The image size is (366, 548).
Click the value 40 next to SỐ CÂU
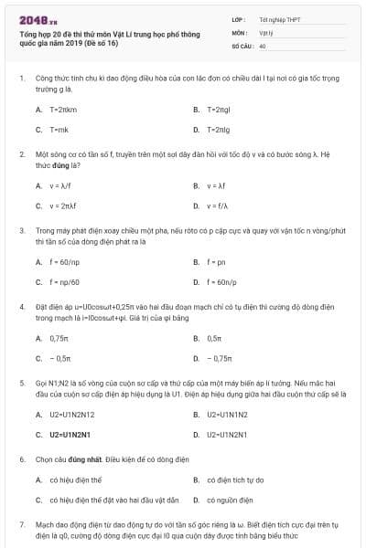(264, 45)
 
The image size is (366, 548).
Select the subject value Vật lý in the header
(265, 32)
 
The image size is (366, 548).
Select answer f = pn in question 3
(217, 261)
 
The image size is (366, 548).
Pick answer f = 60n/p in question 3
(221, 282)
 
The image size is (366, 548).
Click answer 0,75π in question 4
(60, 338)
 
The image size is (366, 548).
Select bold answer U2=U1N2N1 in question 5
(70, 435)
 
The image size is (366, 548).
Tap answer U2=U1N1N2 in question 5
(228, 414)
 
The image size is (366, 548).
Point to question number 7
(21, 526)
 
